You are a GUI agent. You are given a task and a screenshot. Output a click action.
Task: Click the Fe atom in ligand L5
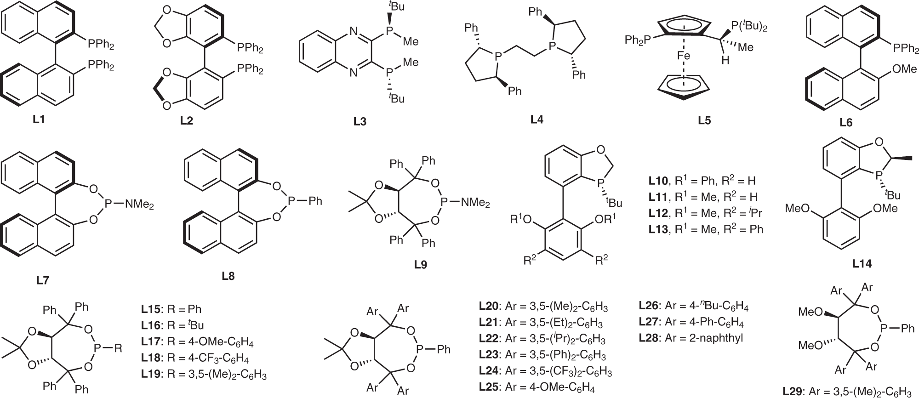[x=684, y=56]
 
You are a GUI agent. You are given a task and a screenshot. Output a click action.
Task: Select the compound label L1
[x=39, y=120]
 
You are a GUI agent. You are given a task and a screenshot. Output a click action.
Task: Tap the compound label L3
[x=360, y=121]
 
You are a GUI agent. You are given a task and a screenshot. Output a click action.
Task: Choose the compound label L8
[x=228, y=276]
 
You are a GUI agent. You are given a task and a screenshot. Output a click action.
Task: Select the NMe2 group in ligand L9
[x=474, y=202]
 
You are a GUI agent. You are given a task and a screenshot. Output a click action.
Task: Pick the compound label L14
[x=862, y=264]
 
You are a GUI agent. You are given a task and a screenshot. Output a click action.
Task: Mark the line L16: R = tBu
[x=172, y=325]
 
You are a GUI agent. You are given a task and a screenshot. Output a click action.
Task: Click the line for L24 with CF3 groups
[x=545, y=371]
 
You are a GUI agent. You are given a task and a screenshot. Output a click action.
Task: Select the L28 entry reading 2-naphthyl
[x=691, y=338]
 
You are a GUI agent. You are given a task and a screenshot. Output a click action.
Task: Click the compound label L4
[x=537, y=119]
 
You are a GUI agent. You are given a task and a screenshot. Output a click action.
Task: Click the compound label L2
[x=186, y=121]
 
